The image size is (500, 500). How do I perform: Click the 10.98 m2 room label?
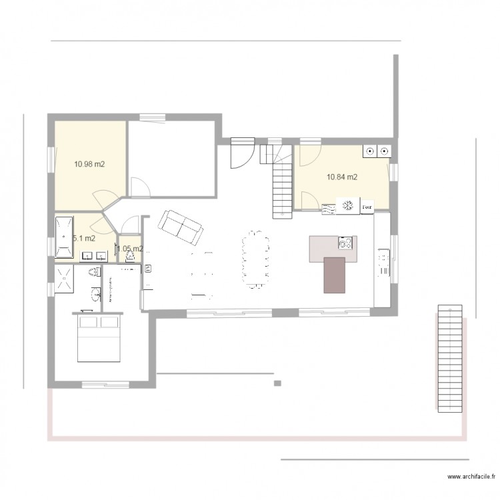pyautogui.click(x=89, y=163)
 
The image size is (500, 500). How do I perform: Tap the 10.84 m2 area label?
pyautogui.click(x=341, y=177)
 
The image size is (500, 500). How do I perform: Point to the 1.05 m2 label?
pyautogui.click(x=130, y=249)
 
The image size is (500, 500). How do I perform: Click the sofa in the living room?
pyautogui.click(x=180, y=227)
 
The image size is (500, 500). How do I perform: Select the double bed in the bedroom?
pyautogui.click(x=99, y=337)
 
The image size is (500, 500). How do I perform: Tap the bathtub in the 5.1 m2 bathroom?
pyautogui.click(x=65, y=237)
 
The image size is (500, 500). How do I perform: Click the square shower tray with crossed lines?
pyautogui.click(x=65, y=279)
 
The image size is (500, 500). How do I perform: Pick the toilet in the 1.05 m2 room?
pyautogui.click(x=131, y=255)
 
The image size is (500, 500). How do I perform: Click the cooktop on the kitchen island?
pyautogui.click(x=345, y=243)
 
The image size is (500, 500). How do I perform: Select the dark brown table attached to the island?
pyautogui.click(x=335, y=275)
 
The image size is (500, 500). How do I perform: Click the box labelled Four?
pyautogui.click(x=367, y=207)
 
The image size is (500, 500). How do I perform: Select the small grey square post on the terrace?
pyautogui.click(x=277, y=383)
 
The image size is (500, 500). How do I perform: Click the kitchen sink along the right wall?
pyautogui.click(x=383, y=260)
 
